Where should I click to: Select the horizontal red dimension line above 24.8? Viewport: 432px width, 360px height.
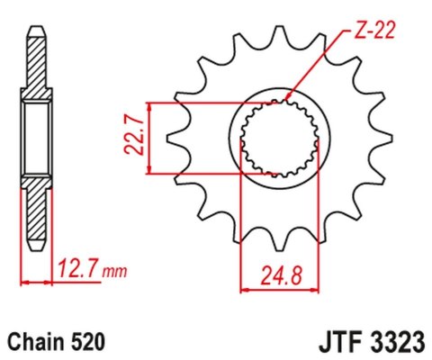coord(279,289)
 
